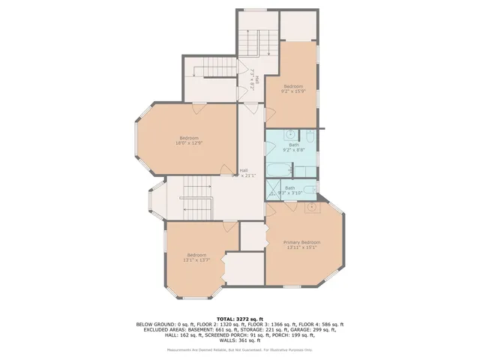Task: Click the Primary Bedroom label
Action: tap(301, 242)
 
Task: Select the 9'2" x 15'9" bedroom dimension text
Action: tap(292, 91)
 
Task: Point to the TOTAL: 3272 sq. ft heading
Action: tap(240, 319)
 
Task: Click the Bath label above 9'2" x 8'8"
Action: tap(293, 145)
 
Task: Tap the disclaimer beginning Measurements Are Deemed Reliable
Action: tap(240, 349)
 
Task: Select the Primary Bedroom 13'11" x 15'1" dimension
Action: tap(301, 247)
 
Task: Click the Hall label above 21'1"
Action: tap(244, 170)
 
